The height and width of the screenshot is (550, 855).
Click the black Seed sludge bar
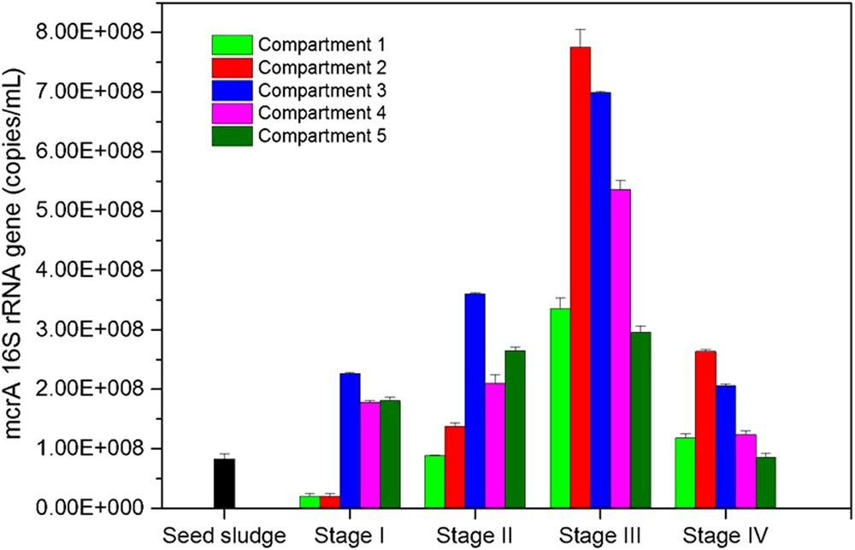pyautogui.click(x=224, y=483)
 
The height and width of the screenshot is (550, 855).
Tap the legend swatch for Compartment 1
pyautogui.click(x=233, y=44)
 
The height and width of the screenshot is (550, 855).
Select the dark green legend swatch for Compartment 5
pyautogui.click(x=233, y=136)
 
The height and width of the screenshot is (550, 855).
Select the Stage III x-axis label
pyautogui.click(x=600, y=535)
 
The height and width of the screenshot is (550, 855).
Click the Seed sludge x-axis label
pyautogui.click(x=224, y=535)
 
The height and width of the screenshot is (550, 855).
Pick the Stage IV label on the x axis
pyautogui.click(x=725, y=535)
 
